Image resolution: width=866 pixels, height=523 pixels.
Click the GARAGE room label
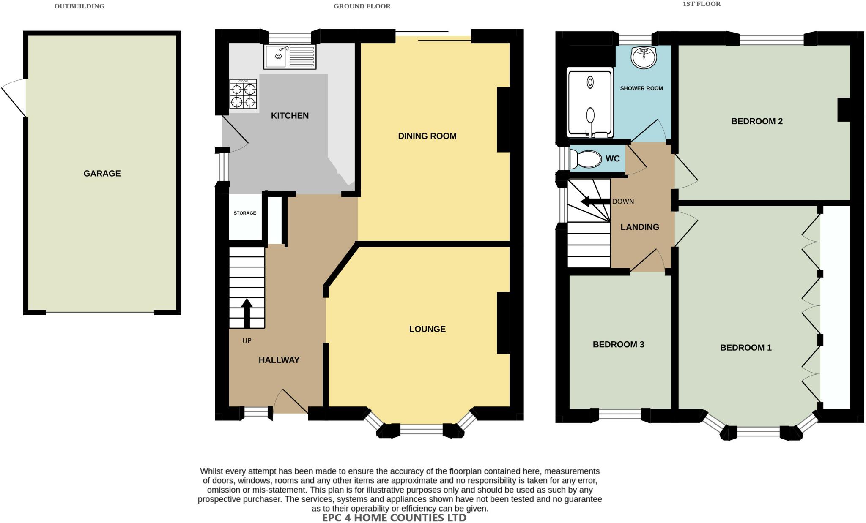click(x=102, y=173)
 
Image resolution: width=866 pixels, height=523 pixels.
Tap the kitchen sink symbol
click(x=290, y=57)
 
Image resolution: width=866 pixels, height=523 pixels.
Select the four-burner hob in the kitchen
click(x=243, y=94)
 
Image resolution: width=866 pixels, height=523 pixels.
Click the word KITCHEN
click(x=290, y=115)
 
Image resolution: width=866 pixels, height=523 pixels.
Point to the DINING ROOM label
click(x=427, y=136)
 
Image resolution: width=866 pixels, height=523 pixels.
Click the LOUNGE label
click(x=427, y=329)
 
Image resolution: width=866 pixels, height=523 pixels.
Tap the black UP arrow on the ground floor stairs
click(x=247, y=313)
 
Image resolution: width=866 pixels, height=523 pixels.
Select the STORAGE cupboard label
click(x=245, y=213)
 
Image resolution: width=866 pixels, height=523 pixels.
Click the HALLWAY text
click(x=279, y=360)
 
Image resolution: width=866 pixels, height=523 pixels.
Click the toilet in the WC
click(x=585, y=159)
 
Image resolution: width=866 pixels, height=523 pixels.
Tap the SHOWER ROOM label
click(x=641, y=88)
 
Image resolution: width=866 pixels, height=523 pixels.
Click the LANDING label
click(x=639, y=227)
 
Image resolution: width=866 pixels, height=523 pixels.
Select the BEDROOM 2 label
click(x=756, y=121)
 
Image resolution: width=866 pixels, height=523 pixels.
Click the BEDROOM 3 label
click(x=618, y=344)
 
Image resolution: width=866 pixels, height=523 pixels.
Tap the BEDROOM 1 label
click(x=745, y=348)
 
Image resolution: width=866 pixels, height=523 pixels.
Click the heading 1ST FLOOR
click(x=702, y=4)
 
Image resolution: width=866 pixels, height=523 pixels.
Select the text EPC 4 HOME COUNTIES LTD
click(x=394, y=518)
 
